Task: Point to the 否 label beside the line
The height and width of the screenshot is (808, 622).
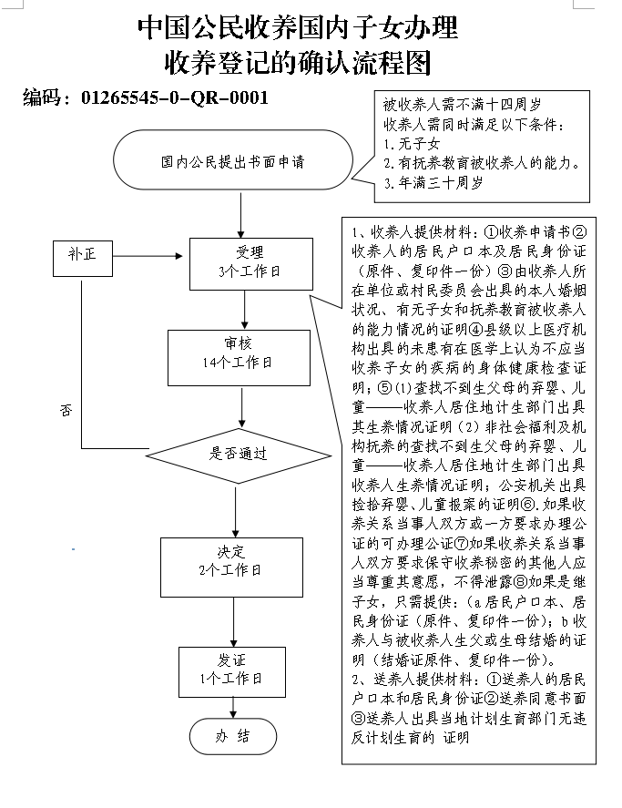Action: (66, 411)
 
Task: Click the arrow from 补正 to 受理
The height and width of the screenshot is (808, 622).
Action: (148, 256)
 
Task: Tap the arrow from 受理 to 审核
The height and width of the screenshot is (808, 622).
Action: (245, 310)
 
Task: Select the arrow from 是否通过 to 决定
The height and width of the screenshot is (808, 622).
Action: (236, 511)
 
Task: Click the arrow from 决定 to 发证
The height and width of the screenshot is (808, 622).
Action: (233, 622)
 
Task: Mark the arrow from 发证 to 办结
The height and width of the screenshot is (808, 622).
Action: (233, 708)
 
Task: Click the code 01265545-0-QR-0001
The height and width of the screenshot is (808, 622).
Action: (175, 97)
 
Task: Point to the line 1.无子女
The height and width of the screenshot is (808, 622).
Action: (412, 144)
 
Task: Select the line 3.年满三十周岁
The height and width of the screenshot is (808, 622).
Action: (433, 183)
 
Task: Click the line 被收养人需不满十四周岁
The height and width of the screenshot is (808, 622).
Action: (463, 105)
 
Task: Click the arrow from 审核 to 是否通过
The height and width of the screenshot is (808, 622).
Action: (241, 407)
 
